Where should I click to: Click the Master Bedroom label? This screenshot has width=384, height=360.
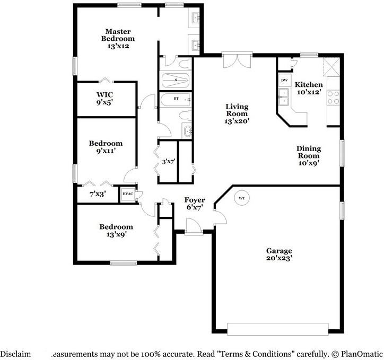(x=118, y=39)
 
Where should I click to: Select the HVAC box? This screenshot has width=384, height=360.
(x=128, y=194)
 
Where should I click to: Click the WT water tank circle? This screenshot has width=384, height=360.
(x=242, y=198)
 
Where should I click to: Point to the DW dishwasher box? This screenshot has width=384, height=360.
(x=284, y=80)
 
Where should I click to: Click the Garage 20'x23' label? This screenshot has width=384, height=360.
(x=279, y=254)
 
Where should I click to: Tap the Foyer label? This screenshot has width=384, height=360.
(x=194, y=204)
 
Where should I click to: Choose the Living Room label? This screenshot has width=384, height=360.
(x=237, y=113)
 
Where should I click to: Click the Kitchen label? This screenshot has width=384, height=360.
(x=309, y=88)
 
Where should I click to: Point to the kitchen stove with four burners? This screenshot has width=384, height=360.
(x=334, y=97)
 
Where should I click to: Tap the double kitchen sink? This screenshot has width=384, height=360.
(x=284, y=97)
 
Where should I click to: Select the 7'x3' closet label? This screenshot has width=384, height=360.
(x=97, y=194)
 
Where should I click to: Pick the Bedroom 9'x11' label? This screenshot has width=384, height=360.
(x=106, y=147)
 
